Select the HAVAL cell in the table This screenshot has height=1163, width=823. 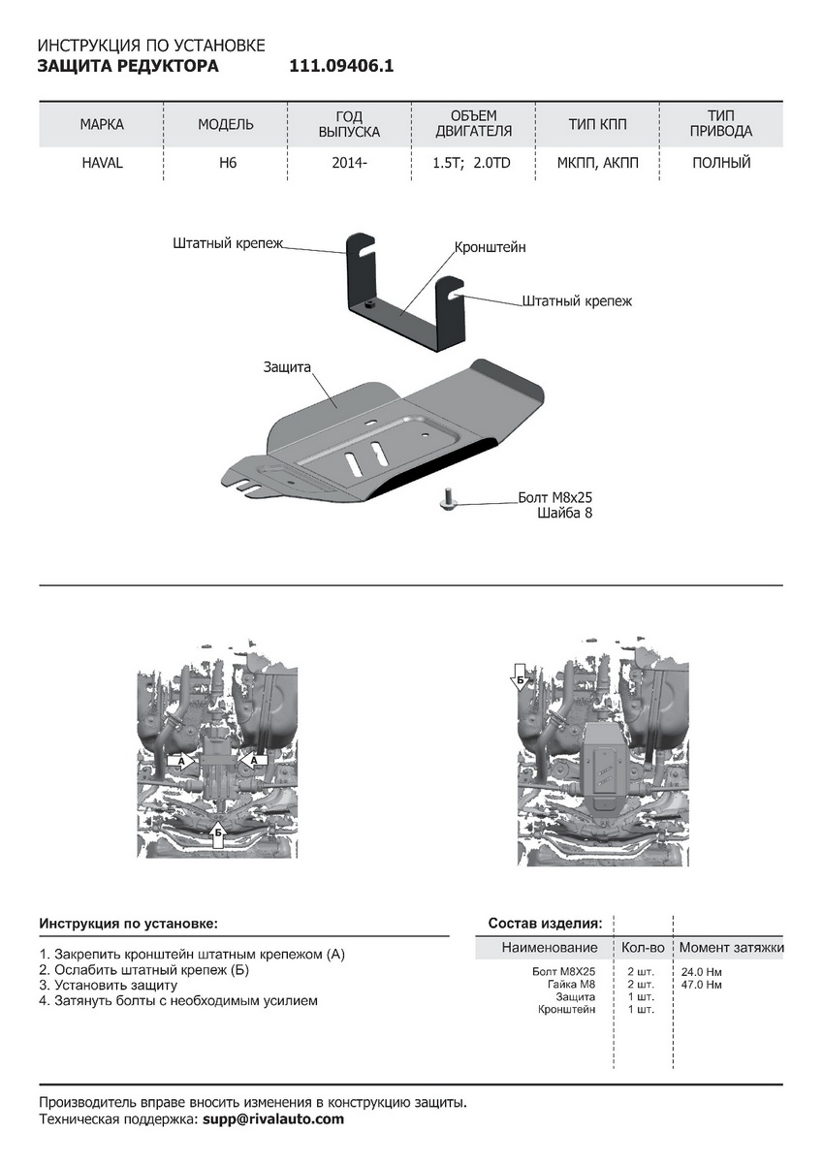(102, 163)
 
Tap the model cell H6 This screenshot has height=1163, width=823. (227, 163)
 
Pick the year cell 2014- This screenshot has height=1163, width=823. (349, 163)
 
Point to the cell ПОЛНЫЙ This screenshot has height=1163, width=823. (721, 163)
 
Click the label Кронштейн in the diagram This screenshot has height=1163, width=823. (491, 248)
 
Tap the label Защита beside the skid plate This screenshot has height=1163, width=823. (286, 368)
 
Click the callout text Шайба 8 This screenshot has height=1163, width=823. (564, 514)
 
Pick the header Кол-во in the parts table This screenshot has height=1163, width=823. (643, 947)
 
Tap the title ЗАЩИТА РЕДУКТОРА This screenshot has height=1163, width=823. (128, 67)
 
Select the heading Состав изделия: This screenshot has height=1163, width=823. (545, 923)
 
